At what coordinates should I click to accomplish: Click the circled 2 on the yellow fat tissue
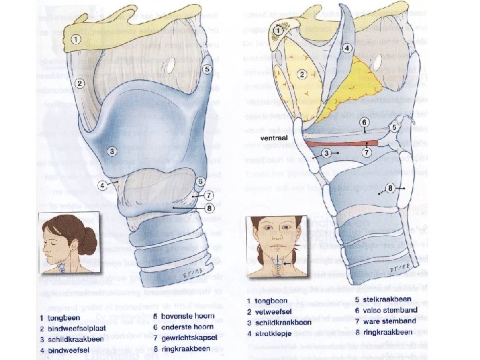point(303,73)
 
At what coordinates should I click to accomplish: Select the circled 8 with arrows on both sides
point(390,189)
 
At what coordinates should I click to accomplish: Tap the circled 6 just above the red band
point(365,123)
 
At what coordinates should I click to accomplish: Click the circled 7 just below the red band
point(366,153)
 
